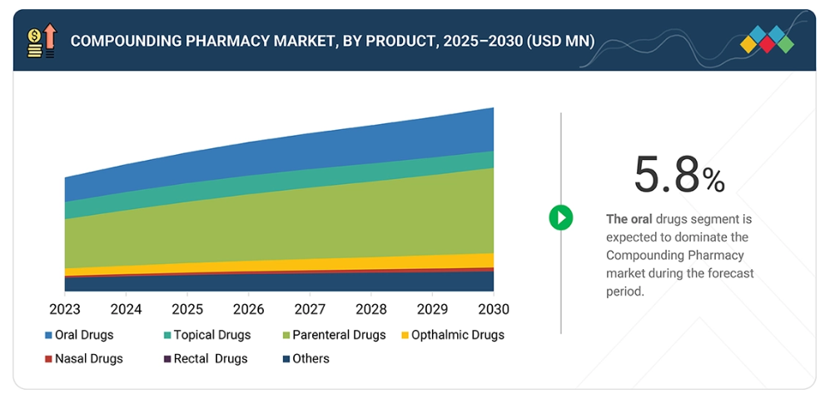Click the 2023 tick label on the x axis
(x=65, y=309)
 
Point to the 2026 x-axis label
(x=248, y=309)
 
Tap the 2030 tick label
(x=493, y=309)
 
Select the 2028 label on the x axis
(x=370, y=309)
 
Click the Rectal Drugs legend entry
(x=209, y=359)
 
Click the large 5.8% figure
(x=678, y=174)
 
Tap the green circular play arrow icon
(x=561, y=218)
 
